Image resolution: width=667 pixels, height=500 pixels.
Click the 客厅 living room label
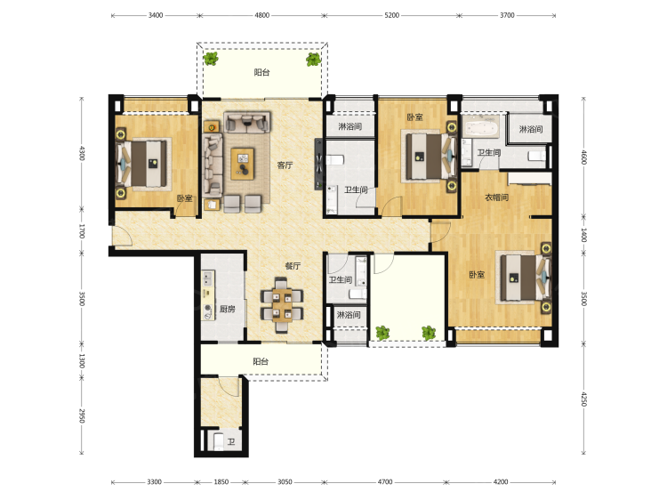285,165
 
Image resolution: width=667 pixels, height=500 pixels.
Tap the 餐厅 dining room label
293,266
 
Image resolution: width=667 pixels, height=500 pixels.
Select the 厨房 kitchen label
228,309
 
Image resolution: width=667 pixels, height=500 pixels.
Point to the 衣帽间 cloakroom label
497,198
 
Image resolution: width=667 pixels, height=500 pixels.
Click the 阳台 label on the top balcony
261,72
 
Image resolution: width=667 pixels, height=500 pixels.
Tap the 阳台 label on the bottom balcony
261,362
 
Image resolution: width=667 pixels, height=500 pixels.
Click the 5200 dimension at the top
392,15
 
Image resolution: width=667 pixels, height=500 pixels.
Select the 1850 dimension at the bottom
221,482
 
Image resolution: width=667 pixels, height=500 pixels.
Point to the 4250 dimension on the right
584,399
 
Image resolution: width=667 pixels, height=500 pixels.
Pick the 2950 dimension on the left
82,415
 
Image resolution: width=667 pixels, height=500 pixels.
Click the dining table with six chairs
282,304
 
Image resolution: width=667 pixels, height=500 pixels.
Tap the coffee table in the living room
243,164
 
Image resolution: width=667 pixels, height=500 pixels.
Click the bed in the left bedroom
142,164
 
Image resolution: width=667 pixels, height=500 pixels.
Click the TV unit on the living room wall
318,164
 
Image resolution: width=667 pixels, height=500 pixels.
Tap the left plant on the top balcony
211,59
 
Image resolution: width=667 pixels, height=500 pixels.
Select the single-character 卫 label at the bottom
231,442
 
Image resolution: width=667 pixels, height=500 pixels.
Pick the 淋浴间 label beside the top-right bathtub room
531,129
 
